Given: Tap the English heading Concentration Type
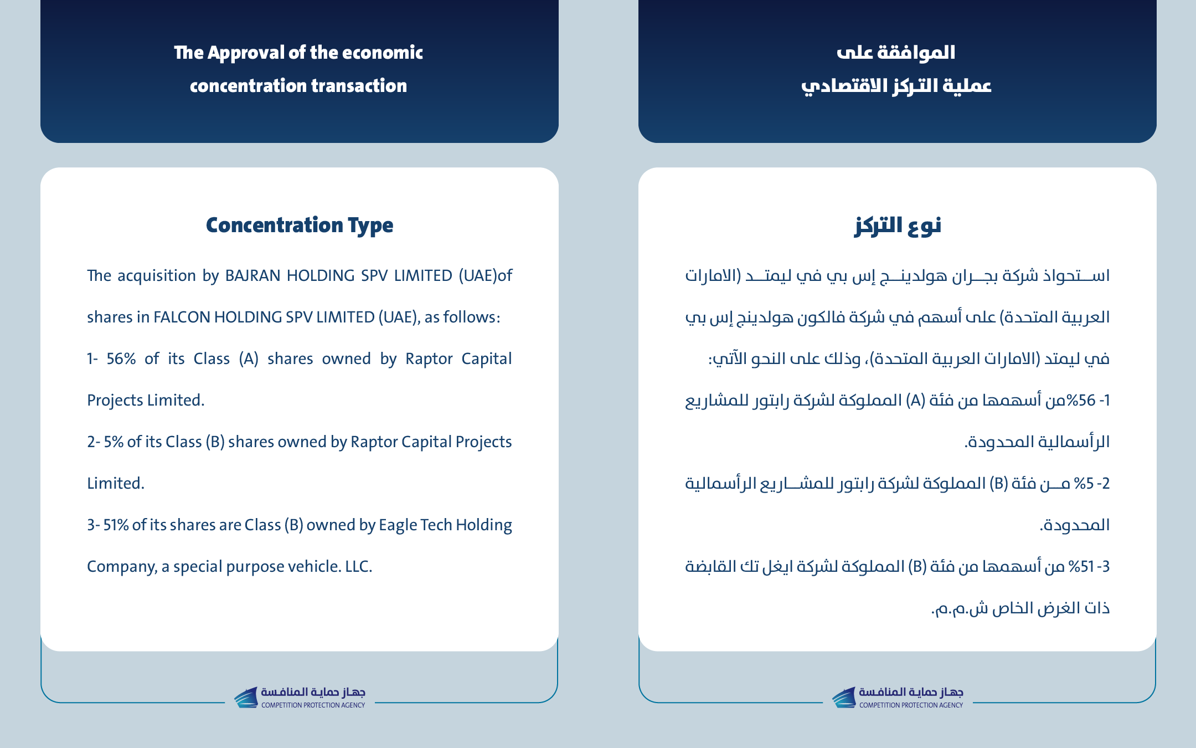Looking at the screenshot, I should [300, 225].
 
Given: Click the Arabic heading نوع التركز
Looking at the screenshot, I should [898, 225].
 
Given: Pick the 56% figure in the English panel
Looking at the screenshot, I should [121, 358].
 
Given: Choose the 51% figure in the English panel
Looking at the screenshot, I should [116, 525].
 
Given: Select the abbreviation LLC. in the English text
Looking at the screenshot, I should [359, 566].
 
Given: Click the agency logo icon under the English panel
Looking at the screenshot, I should [246, 697].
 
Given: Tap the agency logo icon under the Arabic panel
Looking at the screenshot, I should [844, 697].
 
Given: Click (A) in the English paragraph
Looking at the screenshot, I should [249, 358].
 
